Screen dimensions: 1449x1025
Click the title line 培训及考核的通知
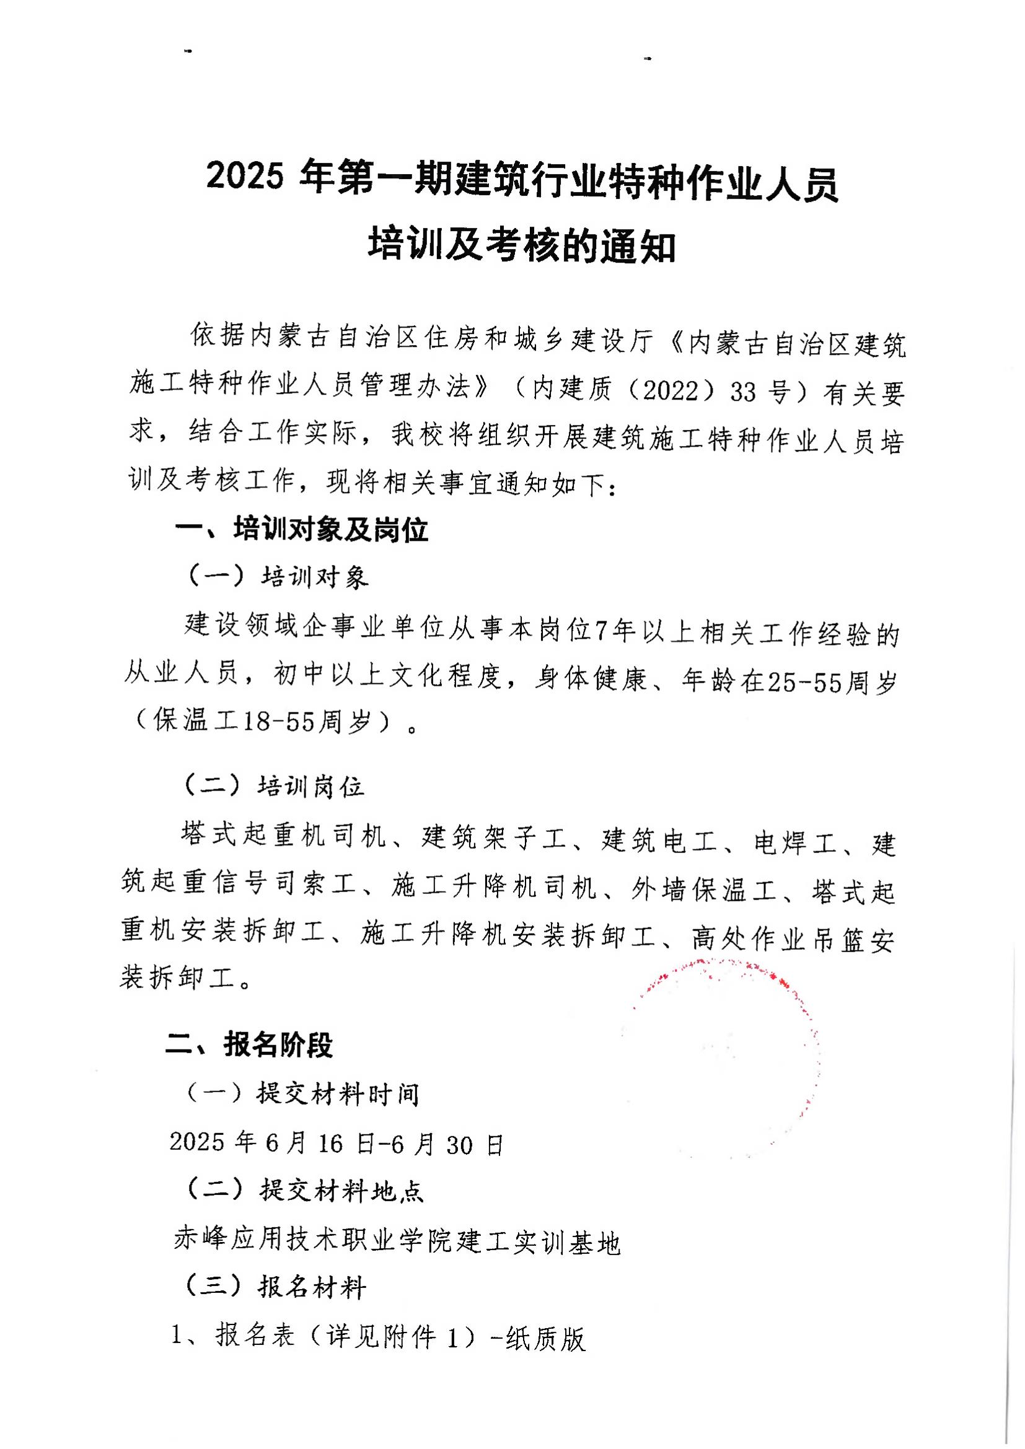coord(521,247)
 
